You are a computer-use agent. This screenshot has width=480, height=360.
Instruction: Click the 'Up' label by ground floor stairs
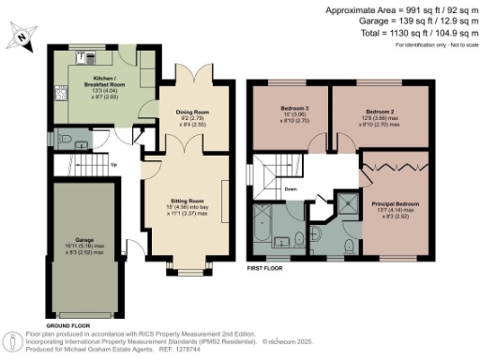point(114,166)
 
